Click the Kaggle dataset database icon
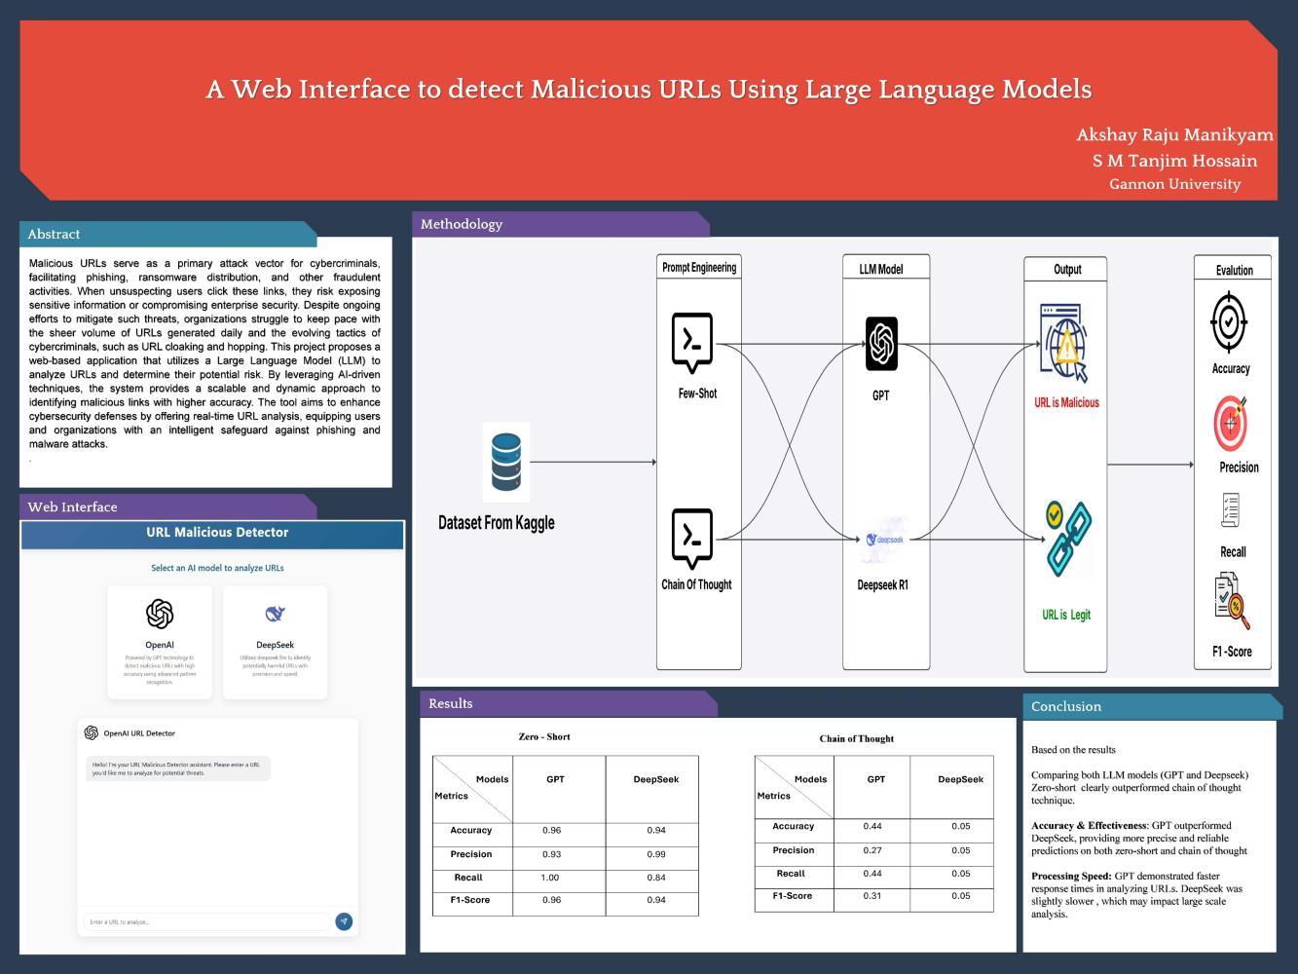[x=506, y=462]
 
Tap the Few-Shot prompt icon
[x=692, y=342]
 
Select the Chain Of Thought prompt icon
[x=692, y=538]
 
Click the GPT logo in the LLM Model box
[x=881, y=343]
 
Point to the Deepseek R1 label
[x=882, y=585]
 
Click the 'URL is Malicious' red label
[x=1066, y=402]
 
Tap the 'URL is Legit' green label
[x=1066, y=615]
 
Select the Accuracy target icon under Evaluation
[x=1229, y=320]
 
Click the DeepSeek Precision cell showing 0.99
[x=656, y=854]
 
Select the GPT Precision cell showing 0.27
[x=872, y=850]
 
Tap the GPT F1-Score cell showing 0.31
[x=872, y=896]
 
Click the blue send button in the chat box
[x=344, y=921]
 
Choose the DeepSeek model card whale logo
[x=275, y=614]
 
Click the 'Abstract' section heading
[x=54, y=234]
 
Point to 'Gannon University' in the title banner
[x=1174, y=184]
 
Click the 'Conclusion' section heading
[x=1066, y=706]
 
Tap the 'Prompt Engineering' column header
[x=699, y=267]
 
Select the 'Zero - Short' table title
[x=544, y=736]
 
